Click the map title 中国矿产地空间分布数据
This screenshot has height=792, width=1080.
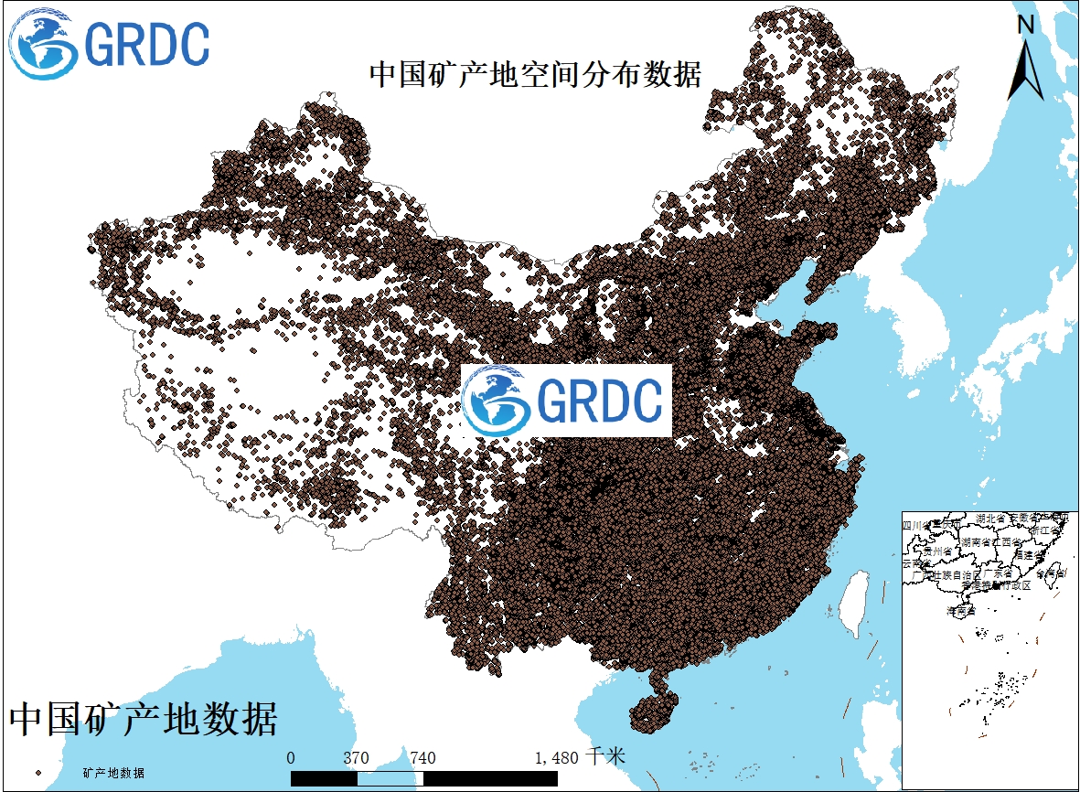535,74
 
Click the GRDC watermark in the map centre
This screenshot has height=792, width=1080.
566,401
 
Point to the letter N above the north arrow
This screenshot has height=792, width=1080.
1026,26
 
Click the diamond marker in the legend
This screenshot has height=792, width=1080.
38,773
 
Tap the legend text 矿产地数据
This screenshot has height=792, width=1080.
112,773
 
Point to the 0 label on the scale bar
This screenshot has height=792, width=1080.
291,758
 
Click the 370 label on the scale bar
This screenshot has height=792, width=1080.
356,758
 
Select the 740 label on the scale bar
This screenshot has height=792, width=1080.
422,758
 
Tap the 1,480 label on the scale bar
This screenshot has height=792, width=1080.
556,758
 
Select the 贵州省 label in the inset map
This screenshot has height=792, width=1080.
938,551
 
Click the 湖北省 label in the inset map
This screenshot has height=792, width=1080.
991,519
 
